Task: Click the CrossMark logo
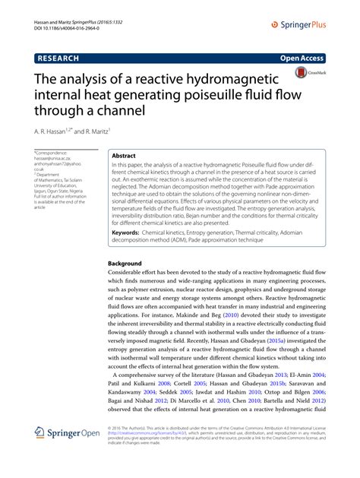coord(309,73)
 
